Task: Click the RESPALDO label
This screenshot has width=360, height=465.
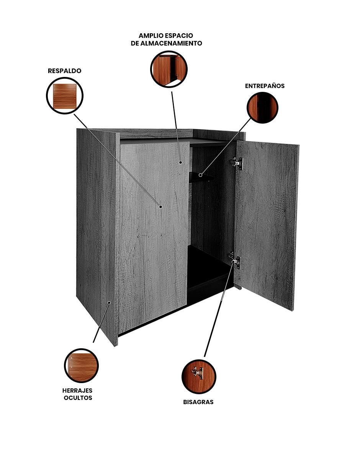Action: (64, 71)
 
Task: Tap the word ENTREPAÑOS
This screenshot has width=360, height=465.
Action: (265, 86)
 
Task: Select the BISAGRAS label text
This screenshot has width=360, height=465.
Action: (198, 402)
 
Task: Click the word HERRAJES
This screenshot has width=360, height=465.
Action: (77, 390)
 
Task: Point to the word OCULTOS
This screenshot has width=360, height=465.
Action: (78, 398)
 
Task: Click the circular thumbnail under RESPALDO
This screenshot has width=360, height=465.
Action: (64, 95)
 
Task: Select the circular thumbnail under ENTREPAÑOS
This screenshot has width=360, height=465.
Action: (262, 108)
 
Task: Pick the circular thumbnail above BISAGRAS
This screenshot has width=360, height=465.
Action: (199, 377)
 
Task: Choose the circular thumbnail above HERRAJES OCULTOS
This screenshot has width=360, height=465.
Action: (81, 365)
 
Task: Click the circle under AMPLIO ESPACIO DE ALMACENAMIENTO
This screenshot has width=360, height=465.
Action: (169, 69)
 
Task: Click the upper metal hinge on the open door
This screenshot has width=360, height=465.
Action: (237, 163)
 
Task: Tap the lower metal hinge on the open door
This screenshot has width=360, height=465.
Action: (235, 260)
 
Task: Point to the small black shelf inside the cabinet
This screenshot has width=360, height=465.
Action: (201, 177)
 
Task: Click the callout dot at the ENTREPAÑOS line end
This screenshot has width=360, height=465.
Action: (200, 175)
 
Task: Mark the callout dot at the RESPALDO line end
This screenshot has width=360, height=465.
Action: (160, 207)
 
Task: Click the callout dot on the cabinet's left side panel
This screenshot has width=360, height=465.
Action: (109, 303)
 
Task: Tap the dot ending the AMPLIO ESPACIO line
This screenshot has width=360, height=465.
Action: (181, 162)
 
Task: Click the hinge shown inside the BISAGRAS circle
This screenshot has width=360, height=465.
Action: (198, 372)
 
